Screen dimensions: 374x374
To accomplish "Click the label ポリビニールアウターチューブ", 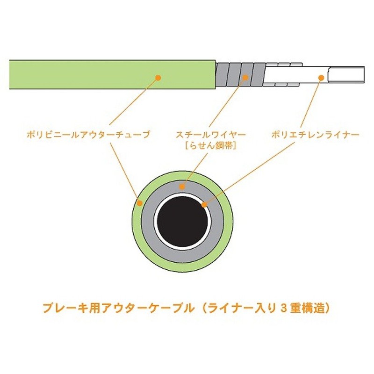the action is pyautogui.click(x=89, y=135).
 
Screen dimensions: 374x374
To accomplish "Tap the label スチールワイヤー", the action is pyautogui.click(x=211, y=135).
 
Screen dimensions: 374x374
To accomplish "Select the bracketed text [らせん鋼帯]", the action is pyautogui.click(x=211, y=146).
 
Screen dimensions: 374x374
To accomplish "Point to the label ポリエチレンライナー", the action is pyautogui.click(x=315, y=135).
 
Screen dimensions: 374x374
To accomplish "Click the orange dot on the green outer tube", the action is pyautogui.click(x=158, y=78).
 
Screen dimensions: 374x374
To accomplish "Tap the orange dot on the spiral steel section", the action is pyautogui.click(x=245, y=78).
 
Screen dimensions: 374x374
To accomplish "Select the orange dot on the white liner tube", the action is pyautogui.click(x=321, y=78).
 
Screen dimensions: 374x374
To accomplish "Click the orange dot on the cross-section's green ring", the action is pyautogui.click(x=140, y=203).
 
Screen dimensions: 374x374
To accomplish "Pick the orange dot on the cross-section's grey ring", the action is pyautogui.click(x=182, y=187).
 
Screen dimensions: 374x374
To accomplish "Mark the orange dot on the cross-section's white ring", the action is pyautogui.click(x=204, y=205).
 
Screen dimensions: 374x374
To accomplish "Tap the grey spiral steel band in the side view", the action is pyautogui.click(x=240, y=74).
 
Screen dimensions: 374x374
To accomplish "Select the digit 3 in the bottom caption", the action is pyautogui.click(x=283, y=309).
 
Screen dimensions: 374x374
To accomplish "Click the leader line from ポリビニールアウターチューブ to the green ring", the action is pyautogui.click(x=125, y=171).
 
